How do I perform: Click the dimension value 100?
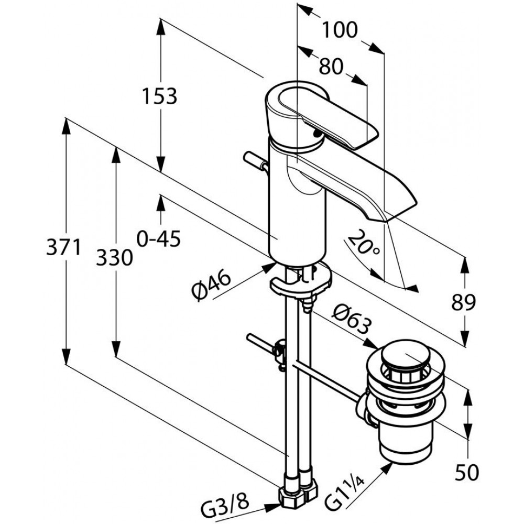point(340,30)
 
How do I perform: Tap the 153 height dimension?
point(159,96)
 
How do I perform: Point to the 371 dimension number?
point(63,248)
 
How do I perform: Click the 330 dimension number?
point(114,258)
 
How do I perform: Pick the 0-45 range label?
point(159,238)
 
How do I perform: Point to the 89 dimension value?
point(463,302)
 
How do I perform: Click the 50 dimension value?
point(467,473)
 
